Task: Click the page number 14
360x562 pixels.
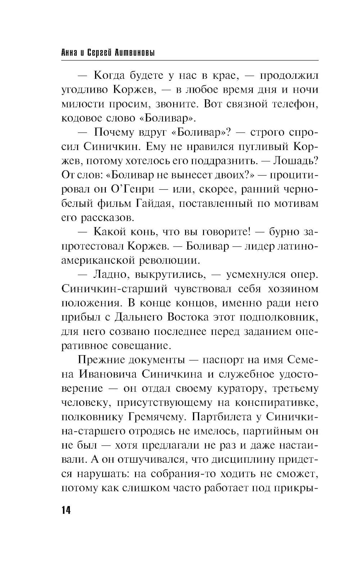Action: [x=67, y=510]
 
